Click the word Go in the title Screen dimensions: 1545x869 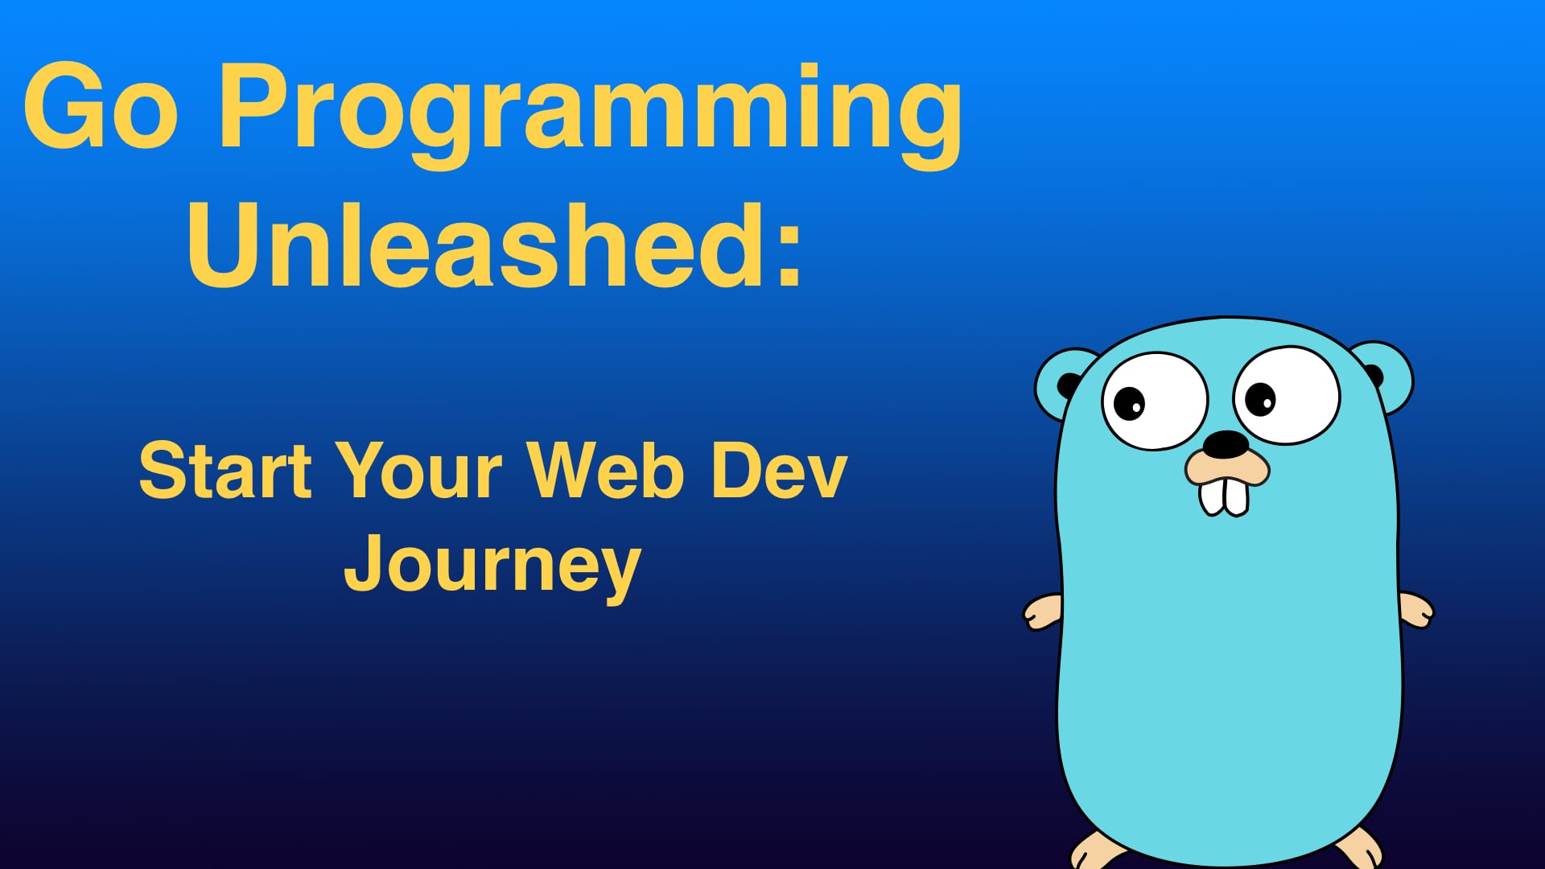pos(101,107)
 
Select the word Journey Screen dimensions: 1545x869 pos(492,567)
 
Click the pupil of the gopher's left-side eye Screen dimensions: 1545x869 pos(1129,402)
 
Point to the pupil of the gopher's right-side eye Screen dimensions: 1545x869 pos(1259,399)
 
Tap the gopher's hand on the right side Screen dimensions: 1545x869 pos(1416,609)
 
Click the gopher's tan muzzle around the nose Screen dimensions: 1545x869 pos(1227,467)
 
